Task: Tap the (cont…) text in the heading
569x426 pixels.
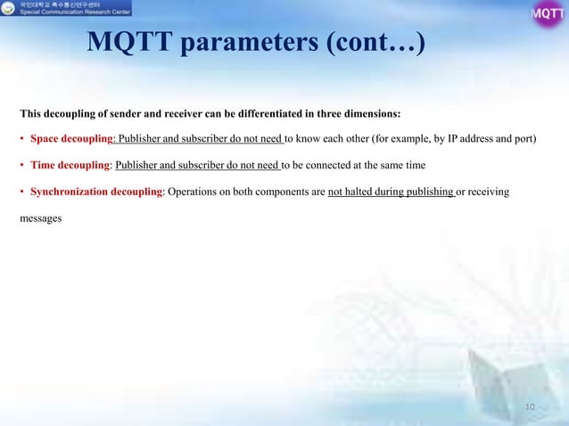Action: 375,42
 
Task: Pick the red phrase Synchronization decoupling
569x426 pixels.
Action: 95,192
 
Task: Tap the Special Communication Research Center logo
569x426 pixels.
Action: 66,10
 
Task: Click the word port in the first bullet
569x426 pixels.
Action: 524,140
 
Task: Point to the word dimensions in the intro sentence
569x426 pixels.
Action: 374,114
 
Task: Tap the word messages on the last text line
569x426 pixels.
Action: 41,217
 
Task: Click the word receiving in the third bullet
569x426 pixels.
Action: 489,192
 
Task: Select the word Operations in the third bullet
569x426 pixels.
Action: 194,192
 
